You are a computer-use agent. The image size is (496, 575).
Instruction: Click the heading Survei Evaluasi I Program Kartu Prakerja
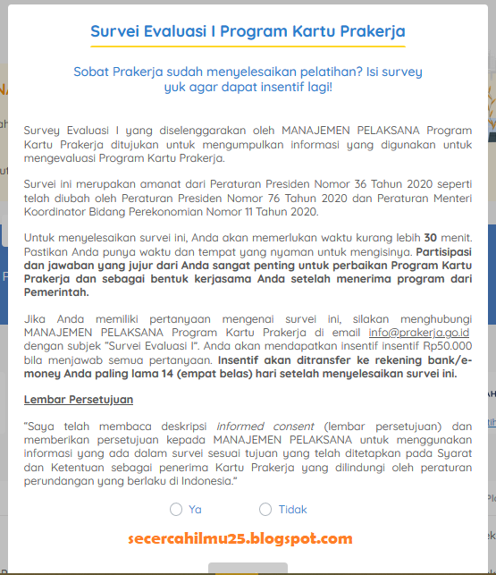(x=248, y=31)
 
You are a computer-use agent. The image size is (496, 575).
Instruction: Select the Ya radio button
(x=175, y=510)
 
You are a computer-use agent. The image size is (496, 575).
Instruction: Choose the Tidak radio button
(x=265, y=510)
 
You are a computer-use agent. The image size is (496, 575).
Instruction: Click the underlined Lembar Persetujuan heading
(x=79, y=399)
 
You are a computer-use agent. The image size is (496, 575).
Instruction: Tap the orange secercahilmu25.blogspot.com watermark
(x=240, y=538)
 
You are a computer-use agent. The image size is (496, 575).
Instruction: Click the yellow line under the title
(x=248, y=47)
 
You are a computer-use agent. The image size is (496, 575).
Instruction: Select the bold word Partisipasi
(x=447, y=253)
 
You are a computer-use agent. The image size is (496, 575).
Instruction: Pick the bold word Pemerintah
(x=57, y=292)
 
